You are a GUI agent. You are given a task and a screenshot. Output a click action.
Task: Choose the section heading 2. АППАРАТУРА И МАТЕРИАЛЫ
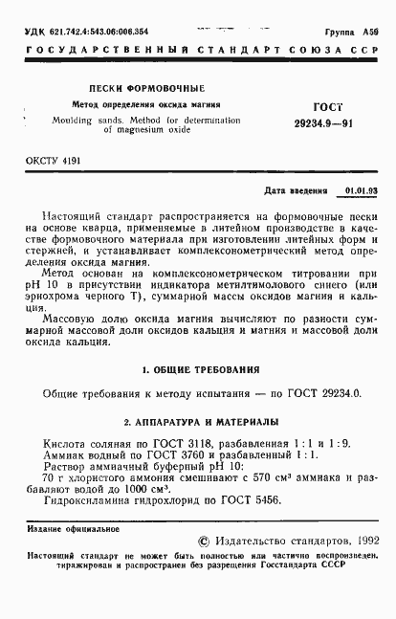coord(198,421)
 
